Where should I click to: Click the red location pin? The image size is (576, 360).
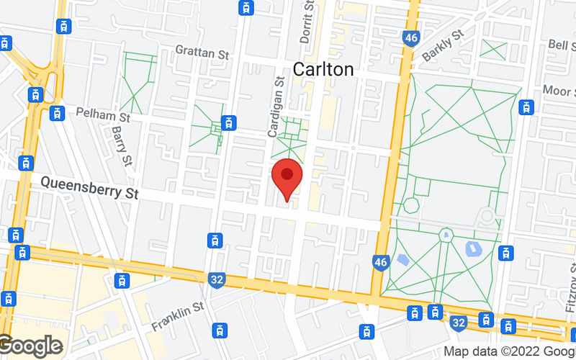click(x=287, y=177)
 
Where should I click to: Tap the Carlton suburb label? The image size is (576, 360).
click(x=323, y=69)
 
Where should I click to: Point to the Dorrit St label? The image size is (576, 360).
click(x=309, y=22)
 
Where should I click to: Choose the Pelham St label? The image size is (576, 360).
click(x=105, y=115)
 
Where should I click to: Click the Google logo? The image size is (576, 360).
click(x=30, y=346)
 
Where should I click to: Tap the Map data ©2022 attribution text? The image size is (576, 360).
click(x=508, y=351)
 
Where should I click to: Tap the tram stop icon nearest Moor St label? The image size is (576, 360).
click(x=528, y=107)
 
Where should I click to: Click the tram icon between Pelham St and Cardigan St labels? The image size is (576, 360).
click(x=230, y=122)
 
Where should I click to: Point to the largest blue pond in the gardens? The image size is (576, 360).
click(x=474, y=249)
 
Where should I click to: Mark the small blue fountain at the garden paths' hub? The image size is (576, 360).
click(x=446, y=234)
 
